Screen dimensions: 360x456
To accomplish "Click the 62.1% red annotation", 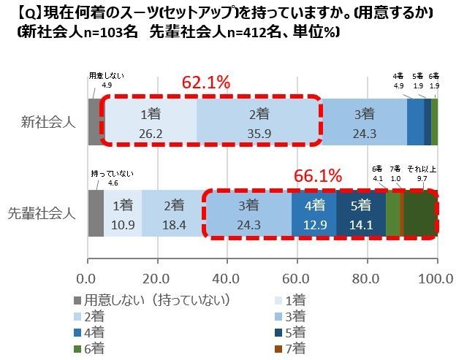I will [205, 82].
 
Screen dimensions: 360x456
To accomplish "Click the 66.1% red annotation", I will [318, 176].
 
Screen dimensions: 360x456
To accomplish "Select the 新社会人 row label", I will [47, 121].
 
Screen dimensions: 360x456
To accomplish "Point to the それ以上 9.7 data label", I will [422, 173].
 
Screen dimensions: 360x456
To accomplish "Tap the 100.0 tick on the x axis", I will [437, 278].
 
